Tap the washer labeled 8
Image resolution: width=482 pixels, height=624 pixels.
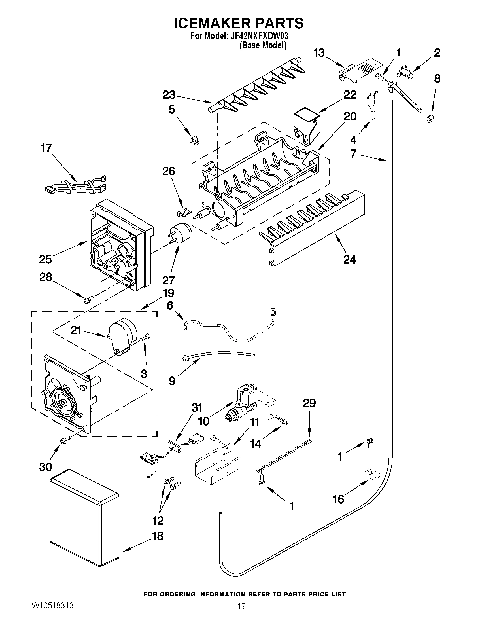tap(429, 118)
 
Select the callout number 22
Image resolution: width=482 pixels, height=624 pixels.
tap(350, 95)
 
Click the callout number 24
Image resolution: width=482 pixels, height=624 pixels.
tap(349, 259)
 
